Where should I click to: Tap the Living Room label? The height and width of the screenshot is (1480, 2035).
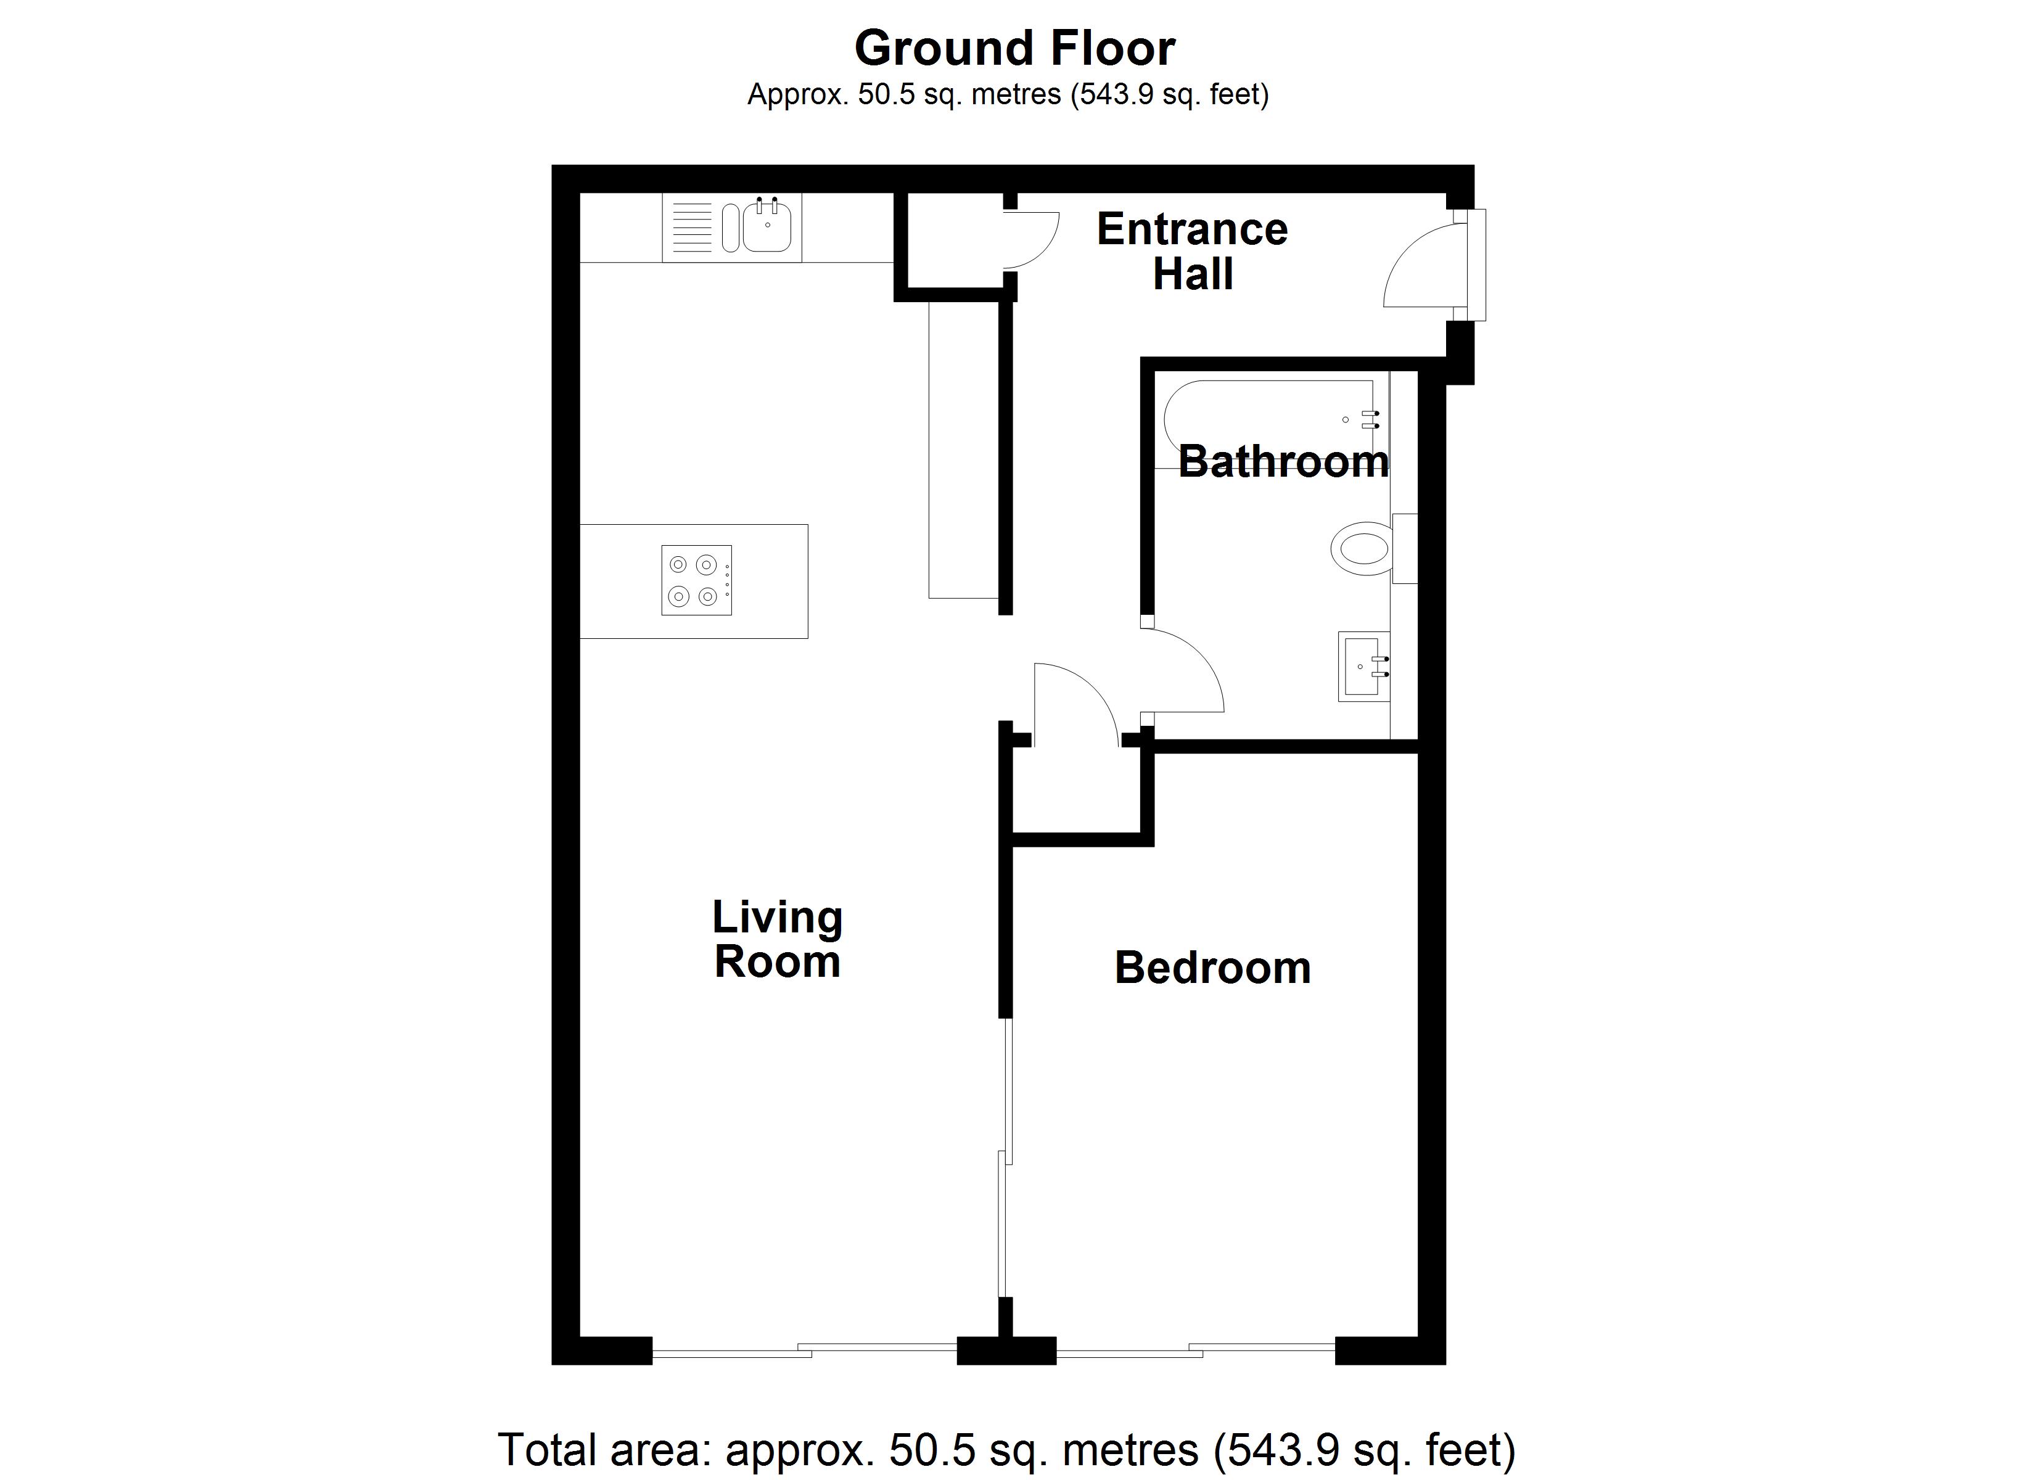pyautogui.click(x=777, y=939)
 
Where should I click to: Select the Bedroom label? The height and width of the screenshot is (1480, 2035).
pyautogui.click(x=1212, y=968)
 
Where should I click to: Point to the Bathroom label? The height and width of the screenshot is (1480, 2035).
pyautogui.click(x=1283, y=461)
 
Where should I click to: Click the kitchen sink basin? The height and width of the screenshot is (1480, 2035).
pyautogui.click(x=767, y=227)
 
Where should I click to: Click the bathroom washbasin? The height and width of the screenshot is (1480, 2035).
pyautogui.click(x=1362, y=666)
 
